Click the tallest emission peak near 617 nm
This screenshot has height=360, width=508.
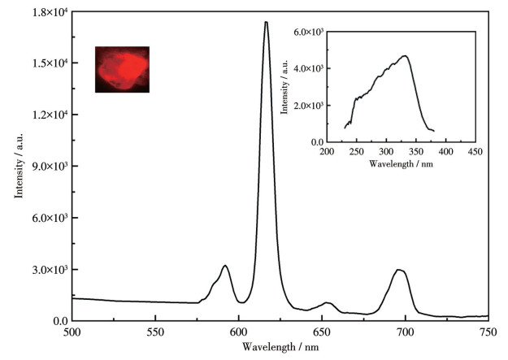[x=266, y=23]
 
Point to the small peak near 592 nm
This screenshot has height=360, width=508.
[x=225, y=266]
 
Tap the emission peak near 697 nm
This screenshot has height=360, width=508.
[x=399, y=270]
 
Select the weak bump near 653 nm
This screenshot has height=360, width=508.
[x=328, y=303]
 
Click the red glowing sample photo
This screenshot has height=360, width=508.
[x=122, y=68]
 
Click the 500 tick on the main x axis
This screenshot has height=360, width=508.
[x=72, y=332]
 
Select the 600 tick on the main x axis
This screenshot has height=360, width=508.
[x=239, y=332]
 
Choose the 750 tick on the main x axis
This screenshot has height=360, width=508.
[x=488, y=332]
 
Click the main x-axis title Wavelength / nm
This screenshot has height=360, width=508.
[x=280, y=347]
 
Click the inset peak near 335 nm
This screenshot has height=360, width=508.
[x=404, y=56]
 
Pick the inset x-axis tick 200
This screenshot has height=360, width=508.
[x=327, y=151]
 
